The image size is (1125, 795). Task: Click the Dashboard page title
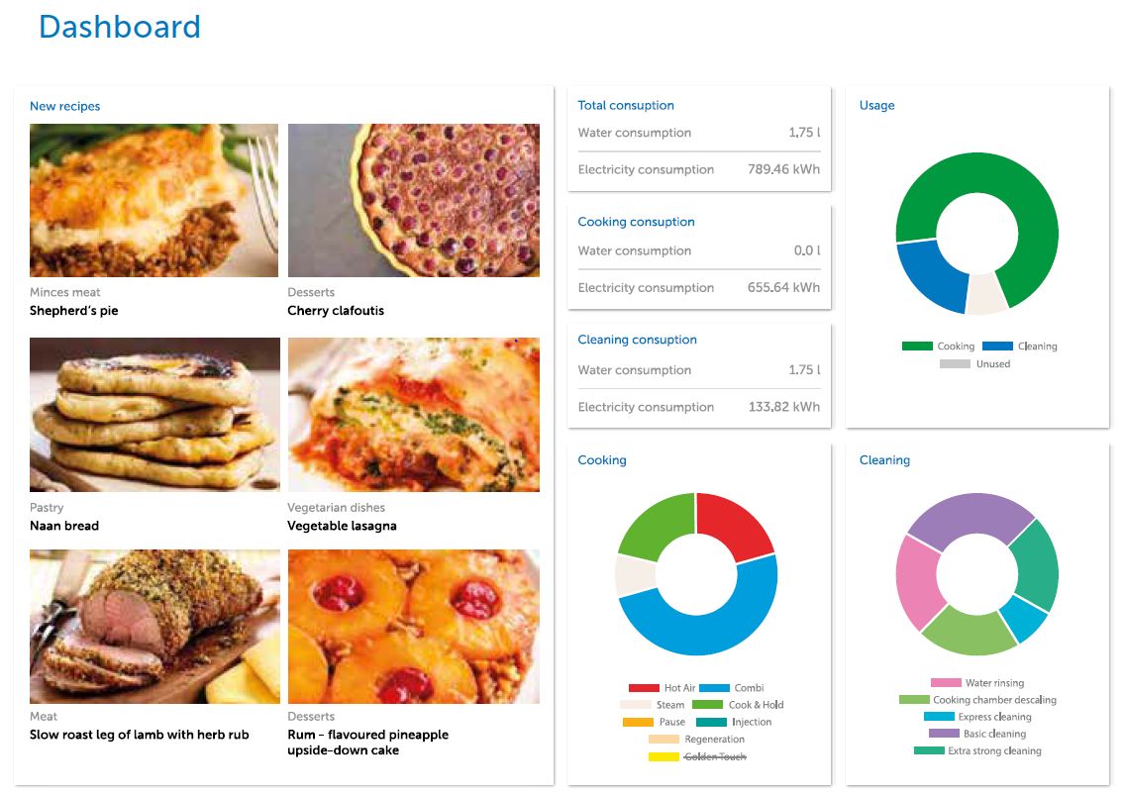(x=119, y=27)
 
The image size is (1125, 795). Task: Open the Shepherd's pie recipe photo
(x=154, y=200)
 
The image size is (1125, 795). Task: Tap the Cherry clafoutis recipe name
(x=336, y=311)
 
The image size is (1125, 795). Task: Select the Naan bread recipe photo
(x=154, y=415)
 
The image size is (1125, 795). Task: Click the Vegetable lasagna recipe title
(x=342, y=526)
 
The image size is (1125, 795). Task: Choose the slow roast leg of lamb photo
(x=154, y=627)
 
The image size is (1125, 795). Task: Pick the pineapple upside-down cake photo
(x=413, y=627)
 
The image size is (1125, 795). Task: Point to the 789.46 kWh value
(x=783, y=169)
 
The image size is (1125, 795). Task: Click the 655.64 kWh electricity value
(x=783, y=288)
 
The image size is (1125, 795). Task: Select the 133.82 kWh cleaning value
(x=783, y=407)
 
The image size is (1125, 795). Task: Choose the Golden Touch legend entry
(x=713, y=756)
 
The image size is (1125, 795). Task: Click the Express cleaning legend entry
(x=994, y=717)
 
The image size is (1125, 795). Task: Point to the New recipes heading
(x=64, y=106)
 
